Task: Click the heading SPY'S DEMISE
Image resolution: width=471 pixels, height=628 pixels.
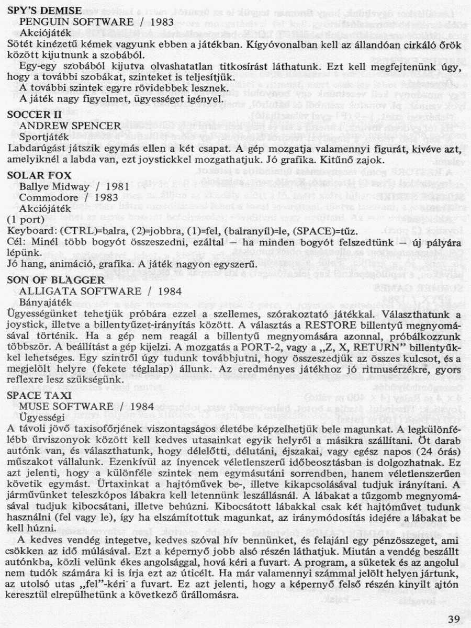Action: (x=44, y=10)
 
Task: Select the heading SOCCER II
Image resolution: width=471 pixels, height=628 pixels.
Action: (x=35, y=114)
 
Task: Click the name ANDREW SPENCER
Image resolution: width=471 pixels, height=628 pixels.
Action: (x=70, y=126)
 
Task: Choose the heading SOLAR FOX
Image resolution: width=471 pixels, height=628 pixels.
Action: (x=39, y=175)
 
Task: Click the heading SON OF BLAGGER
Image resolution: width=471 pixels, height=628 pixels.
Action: (x=51, y=280)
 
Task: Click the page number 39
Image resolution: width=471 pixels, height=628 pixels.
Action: (x=454, y=619)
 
